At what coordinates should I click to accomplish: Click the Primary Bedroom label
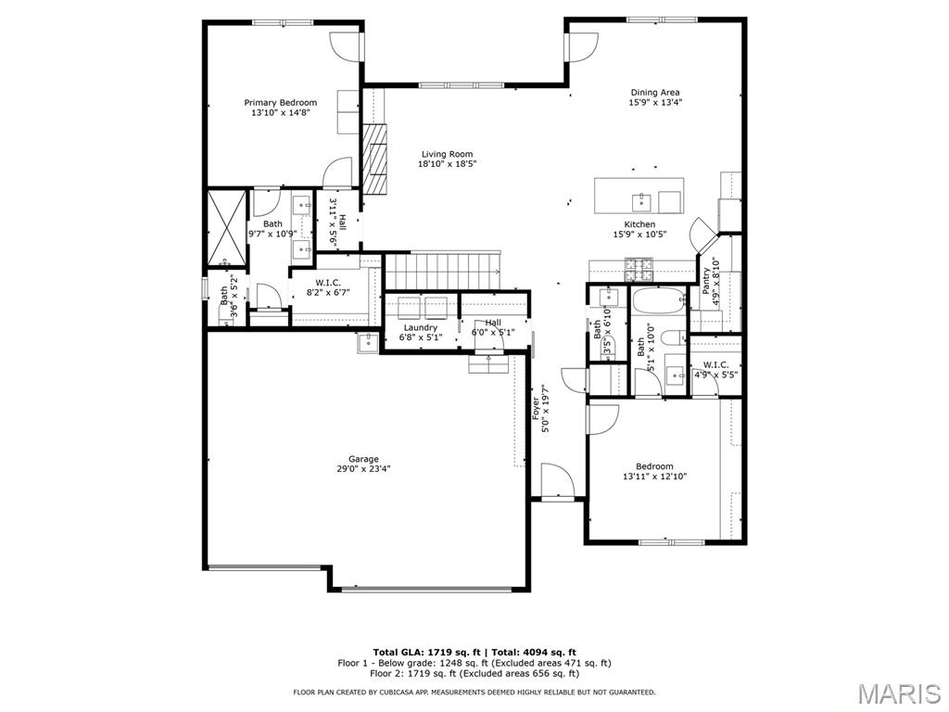click(280, 103)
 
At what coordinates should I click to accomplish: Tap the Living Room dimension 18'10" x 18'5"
click(448, 164)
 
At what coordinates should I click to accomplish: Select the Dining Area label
click(655, 93)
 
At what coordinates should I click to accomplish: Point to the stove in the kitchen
click(639, 270)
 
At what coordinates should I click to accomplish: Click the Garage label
click(363, 459)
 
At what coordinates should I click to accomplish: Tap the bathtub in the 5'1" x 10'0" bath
click(659, 301)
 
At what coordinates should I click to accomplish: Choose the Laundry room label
click(421, 327)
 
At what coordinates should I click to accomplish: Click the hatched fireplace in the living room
click(374, 159)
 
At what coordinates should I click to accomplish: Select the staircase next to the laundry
click(443, 272)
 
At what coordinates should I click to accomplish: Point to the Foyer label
click(536, 409)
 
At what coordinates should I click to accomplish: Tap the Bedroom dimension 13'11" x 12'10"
click(655, 477)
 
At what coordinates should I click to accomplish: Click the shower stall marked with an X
click(227, 228)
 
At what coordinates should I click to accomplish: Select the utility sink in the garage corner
click(368, 342)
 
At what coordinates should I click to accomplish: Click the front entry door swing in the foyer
click(557, 480)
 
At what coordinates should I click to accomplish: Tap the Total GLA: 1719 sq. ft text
click(426, 653)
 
